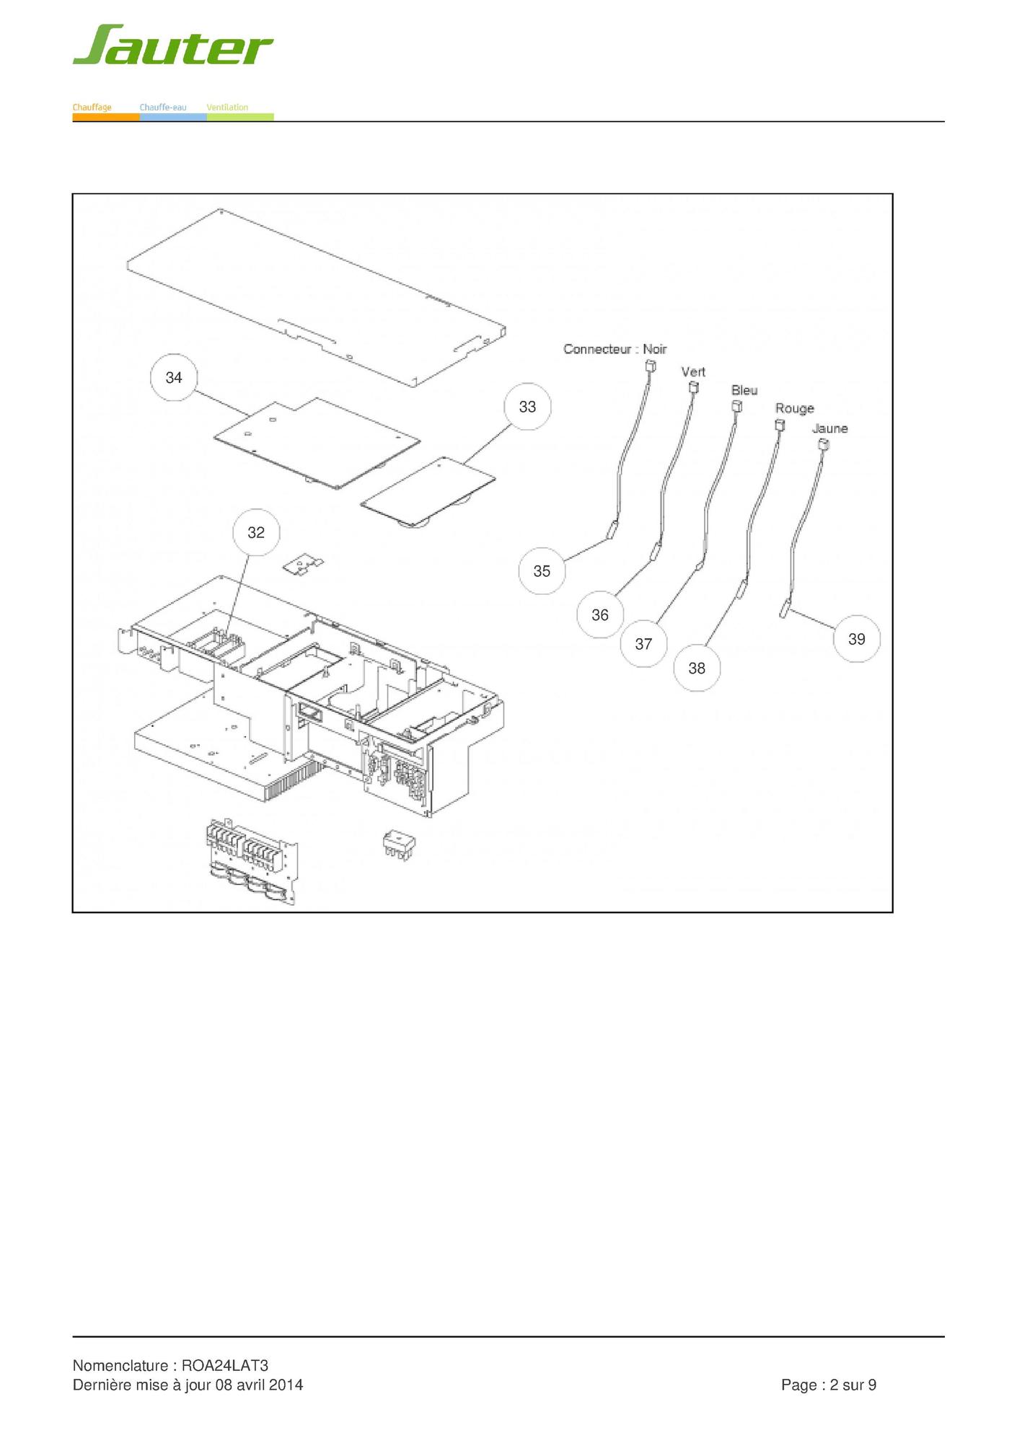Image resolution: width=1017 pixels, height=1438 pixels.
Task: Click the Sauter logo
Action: click(172, 46)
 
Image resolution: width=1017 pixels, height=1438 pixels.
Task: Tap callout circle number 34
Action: click(174, 378)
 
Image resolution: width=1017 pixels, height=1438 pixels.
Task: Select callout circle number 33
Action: click(527, 407)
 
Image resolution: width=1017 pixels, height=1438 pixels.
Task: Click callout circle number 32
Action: click(256, 533)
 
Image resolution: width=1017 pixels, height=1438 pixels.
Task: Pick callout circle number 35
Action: click(542, 571)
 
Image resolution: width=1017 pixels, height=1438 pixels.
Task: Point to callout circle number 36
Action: click(600, 615)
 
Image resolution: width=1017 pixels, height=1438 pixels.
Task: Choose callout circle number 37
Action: click(643, 644)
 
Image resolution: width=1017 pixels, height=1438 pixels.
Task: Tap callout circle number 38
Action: click(697, 669)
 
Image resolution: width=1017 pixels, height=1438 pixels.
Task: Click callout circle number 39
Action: click(857, 639)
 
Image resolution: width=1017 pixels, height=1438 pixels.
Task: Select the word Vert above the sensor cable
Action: click(693, 372)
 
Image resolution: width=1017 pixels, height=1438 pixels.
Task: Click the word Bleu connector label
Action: click(744, 390)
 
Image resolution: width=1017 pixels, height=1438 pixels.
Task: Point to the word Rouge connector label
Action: click(794, 409)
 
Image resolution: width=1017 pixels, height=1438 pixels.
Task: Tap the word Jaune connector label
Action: click(829, 428)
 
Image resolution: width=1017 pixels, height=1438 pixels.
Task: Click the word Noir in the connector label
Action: click(655, 349)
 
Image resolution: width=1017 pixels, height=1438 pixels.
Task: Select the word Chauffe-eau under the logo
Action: click(163, 107)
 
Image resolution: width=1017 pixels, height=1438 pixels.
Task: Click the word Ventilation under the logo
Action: click(227, 107)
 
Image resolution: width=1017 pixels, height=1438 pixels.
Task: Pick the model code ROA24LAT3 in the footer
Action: click(224, 1365)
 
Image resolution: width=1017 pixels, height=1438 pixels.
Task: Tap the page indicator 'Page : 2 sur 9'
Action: click(829, 1385)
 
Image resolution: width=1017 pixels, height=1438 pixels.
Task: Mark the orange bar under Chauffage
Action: click(105, 117)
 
